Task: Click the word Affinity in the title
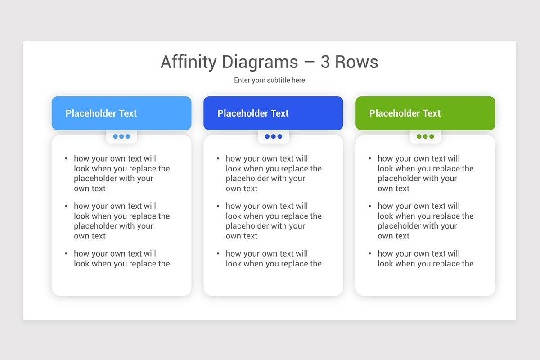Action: (x=188, y=62)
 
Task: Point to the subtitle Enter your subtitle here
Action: (x=270, y=80)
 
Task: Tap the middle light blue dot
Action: (x=121, y=136)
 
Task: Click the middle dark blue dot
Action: (x=273, y=136)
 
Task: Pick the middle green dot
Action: (x=425, y=136)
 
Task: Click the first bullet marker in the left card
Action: (x=66, y=158)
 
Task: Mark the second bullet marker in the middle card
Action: (x=218, y=206)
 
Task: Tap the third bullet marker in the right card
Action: (x=370, y=254)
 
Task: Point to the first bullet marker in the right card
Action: (x=370, y=158)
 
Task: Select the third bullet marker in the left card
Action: (x=66, y=254)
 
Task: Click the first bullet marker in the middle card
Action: (x=218, y=158)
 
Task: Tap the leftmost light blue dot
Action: (x=116, y=136)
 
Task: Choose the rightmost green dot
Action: (x=432, y=136)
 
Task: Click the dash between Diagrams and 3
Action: (x=309, y=63)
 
